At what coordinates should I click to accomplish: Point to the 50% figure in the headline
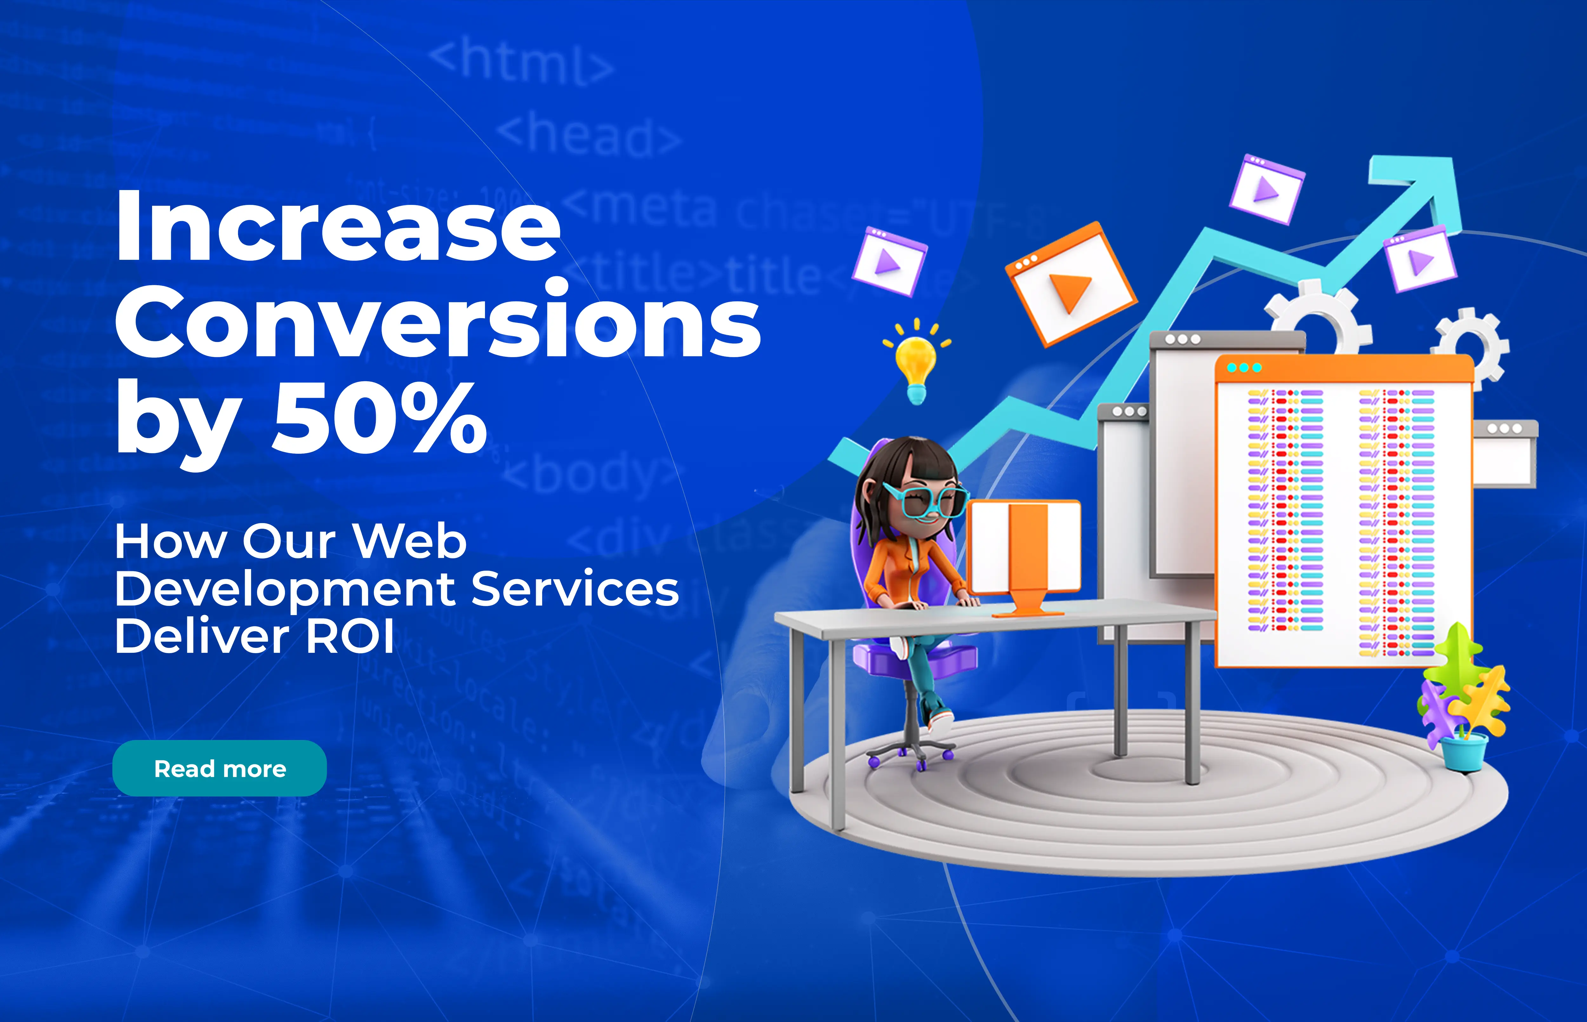pos(380,418)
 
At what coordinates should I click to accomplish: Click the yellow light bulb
pos(916,362)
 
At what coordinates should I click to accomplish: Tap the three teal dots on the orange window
pos(1244,368)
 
